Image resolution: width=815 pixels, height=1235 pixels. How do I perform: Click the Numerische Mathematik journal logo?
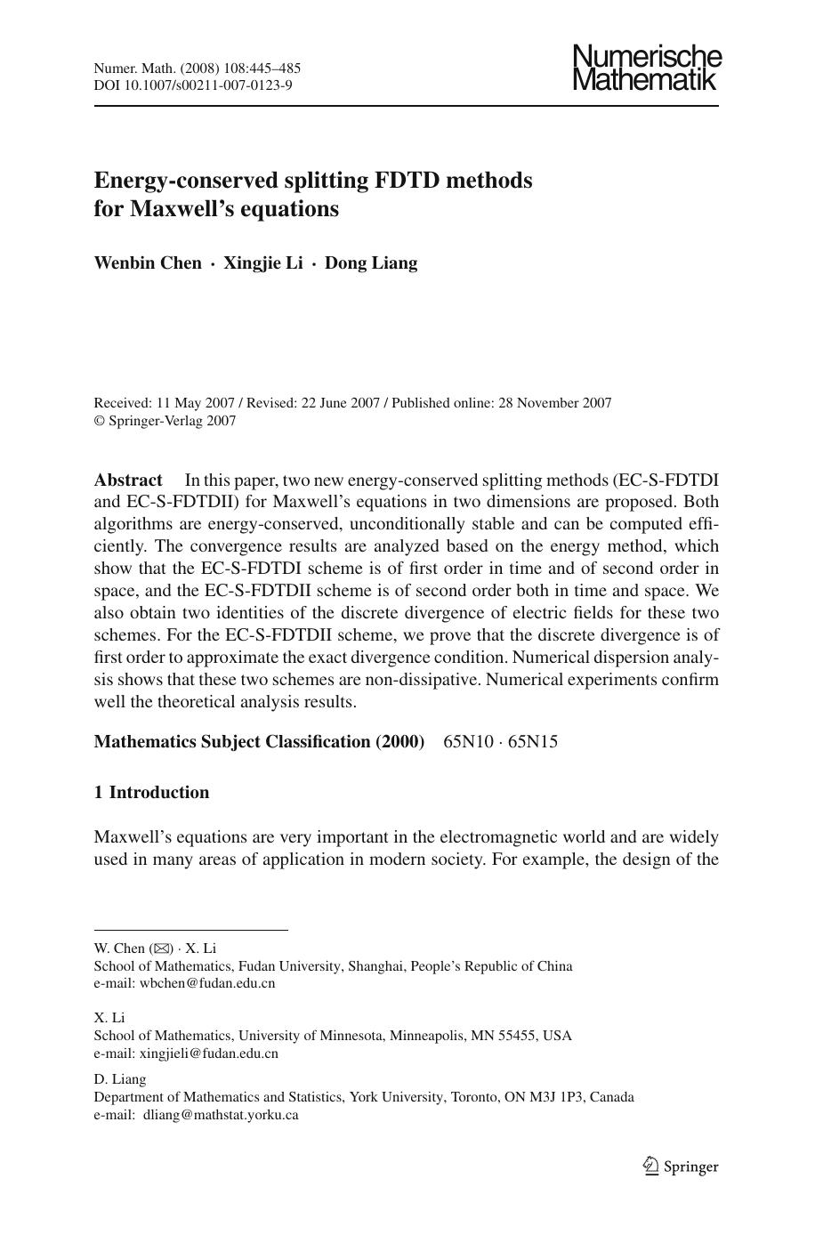[x=647, y=68]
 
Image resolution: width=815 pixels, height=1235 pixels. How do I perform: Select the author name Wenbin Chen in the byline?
[x=148, y=263]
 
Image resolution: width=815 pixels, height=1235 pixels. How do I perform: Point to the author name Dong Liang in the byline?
[x=370, y=263]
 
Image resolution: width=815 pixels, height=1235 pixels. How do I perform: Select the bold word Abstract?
[x=128, y=480]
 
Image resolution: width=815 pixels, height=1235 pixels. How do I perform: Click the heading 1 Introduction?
[x=151, y=793]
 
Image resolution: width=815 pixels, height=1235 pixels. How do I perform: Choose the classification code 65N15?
[x=533, y=742]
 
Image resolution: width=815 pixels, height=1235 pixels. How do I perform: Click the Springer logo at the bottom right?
[x=680, y=1166]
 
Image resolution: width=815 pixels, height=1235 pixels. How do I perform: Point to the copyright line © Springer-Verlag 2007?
[x=165, y=421]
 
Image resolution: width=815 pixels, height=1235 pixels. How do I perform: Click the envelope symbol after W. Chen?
[x=162, y=948]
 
